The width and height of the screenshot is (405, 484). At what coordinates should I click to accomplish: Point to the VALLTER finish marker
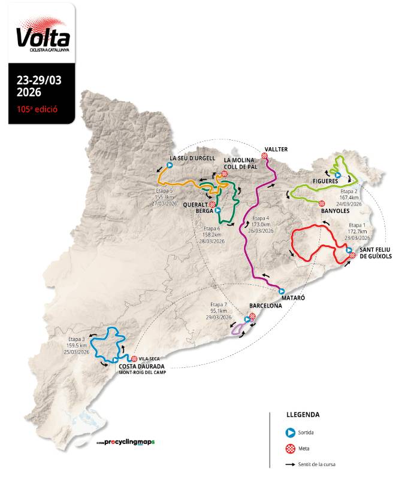point(264,156)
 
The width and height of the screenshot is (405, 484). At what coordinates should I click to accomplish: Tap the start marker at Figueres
point(338,175)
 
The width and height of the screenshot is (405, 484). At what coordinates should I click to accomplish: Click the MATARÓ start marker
point(282,291)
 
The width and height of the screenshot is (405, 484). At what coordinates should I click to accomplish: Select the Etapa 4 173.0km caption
point(263,224)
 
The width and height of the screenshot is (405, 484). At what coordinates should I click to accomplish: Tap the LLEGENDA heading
point(303,414)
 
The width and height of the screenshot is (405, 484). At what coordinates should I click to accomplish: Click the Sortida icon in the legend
point(290,431)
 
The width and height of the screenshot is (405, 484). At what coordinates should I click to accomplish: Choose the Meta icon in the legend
point(290,448)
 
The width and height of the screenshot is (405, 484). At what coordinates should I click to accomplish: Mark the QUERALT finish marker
point(213,204)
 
